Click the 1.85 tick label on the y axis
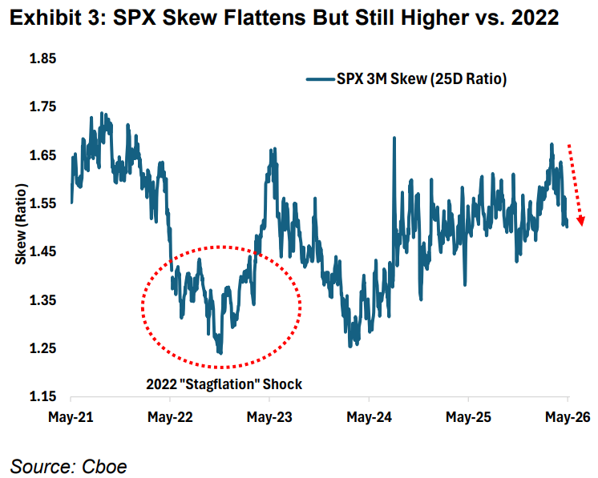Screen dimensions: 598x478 pyautogui.click(x=42, y=58)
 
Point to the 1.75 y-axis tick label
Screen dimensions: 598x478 pyautogui.click(x=42, y=106)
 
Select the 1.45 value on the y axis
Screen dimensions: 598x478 pyautogui.click(x=42, y=251)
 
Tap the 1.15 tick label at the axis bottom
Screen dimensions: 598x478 pyautogui.click(x=42, y=396)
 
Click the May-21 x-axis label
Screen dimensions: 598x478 pyautogui.click(x=71, y=417)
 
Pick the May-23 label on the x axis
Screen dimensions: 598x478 pyautogui.click(x=269, y=417)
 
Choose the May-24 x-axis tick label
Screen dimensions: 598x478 pyautogui.click(x=370, y=417)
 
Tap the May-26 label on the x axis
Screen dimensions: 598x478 pyautogui.click(x=568, y=417)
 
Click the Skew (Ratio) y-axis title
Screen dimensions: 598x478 pyautogui.click(x=21, y=224)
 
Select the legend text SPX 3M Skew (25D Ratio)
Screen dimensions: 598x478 pyautogui.click(x=422, y=78)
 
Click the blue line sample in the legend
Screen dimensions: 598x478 pyautogui.click(x=321, y=79)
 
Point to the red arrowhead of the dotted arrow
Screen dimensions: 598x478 pyautogui.click(x=581, y=221)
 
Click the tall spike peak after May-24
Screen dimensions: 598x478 pyautogui.click(x=394, y=138)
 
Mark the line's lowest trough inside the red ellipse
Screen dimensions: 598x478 pyautogui.click(x=220, y=352)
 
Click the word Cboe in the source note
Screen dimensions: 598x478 pyautogui.click(x=104, y=467)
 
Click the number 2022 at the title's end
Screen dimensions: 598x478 pyautogui.click(x=535, y=18)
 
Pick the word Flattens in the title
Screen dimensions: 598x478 pyautogui.click(x=265, y=18)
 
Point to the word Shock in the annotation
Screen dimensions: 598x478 pyautogui.click(x=282, y=384)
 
